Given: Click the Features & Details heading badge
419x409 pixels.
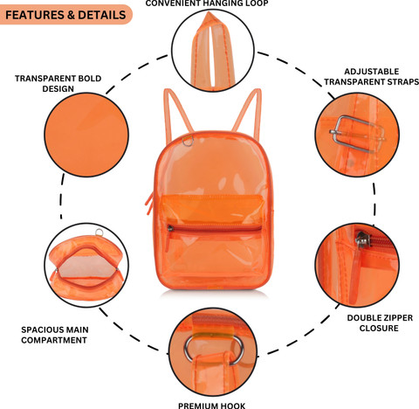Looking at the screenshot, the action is (x=65, y=15).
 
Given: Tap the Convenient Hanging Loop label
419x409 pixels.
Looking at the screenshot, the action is (x=207, y=3).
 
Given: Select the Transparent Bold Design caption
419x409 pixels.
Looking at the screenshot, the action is (x=58, y=83).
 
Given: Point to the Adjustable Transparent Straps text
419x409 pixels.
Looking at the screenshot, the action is (x=372, y=77).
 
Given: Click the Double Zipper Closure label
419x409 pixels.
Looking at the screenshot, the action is (x=380, y=322).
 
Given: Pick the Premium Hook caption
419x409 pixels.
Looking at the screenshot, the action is (x=211, y=406).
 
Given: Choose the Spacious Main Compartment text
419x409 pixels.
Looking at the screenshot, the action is (x=55, y=335).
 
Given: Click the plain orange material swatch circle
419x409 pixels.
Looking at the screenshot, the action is (x=86, y=135).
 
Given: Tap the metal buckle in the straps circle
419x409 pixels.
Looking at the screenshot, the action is (x=357, y=134).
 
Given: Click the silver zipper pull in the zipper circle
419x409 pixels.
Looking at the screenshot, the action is (x=362, y=239).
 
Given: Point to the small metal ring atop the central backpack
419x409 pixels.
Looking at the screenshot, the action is (x=188, y=142).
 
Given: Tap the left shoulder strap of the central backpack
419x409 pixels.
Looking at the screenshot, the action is (x=177, y=112).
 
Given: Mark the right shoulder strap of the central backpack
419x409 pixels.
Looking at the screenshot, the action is (x=247, y=111).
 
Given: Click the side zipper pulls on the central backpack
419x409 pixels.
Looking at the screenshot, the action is (x=150, y=203).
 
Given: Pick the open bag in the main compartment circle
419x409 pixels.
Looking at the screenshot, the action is (x=86, y=268).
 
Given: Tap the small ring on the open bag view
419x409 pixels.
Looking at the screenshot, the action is (x=99, y=232).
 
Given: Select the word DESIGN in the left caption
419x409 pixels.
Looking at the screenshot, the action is (x=58, y=88).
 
